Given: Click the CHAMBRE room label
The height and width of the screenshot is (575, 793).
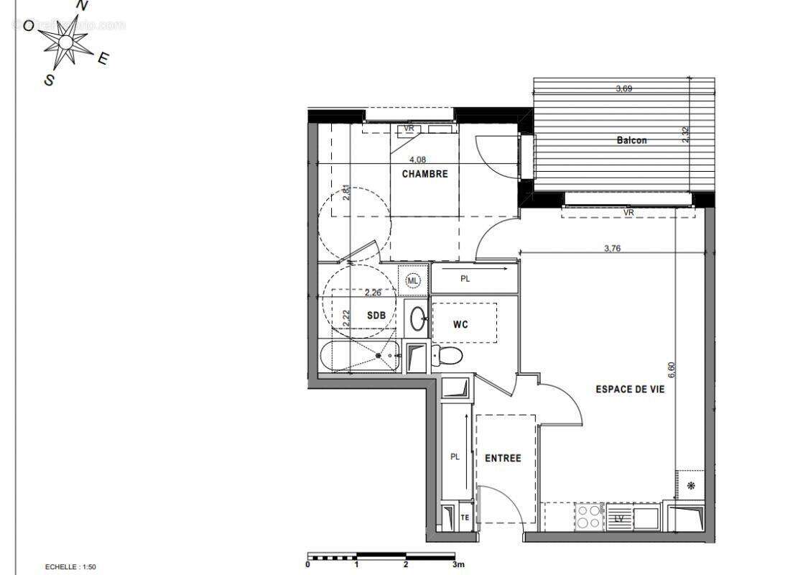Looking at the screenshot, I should (425, 174).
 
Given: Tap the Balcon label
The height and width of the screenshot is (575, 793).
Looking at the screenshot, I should (631, 140).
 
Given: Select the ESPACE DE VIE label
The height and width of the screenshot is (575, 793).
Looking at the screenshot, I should (630, 389).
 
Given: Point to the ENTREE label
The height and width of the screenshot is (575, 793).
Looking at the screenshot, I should (503, 458).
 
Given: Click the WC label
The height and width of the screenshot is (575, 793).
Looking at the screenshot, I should (460, 324).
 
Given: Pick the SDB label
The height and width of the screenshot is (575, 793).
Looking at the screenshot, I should (376, 315).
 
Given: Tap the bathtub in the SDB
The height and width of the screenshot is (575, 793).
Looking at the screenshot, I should (360, 356).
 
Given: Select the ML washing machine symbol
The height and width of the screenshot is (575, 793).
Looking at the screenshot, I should (412, 280).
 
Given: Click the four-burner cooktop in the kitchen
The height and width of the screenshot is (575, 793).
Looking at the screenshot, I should (590, 515).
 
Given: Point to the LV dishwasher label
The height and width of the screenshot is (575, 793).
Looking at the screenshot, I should (618, 518).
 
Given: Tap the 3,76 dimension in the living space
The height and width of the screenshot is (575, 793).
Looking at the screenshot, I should (612, 248).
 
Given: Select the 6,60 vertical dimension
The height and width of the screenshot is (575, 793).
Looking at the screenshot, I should (672, 369).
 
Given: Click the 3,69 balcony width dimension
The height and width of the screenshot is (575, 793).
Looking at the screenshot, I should (624, 89).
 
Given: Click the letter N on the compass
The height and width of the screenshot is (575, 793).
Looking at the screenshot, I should (83, 6).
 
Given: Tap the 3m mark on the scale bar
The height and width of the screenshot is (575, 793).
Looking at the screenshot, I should (458, 565).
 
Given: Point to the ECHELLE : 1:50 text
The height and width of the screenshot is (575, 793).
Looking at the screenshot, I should (70, 567).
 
